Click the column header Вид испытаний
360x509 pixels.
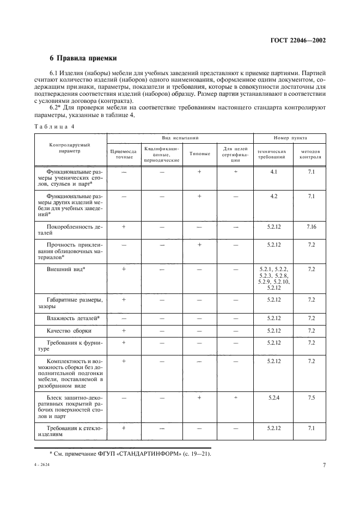(179, 139)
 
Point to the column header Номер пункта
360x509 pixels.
(290, 139)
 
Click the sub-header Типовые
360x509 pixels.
(199, 154)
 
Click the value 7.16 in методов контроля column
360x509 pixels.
(311, 225)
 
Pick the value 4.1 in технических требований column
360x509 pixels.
(273, 171)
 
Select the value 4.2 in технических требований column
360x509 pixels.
(273, 196)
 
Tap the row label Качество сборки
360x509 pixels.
(69, 330)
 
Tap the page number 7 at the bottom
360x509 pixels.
(324, 465)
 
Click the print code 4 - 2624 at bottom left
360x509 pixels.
(41, 466)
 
